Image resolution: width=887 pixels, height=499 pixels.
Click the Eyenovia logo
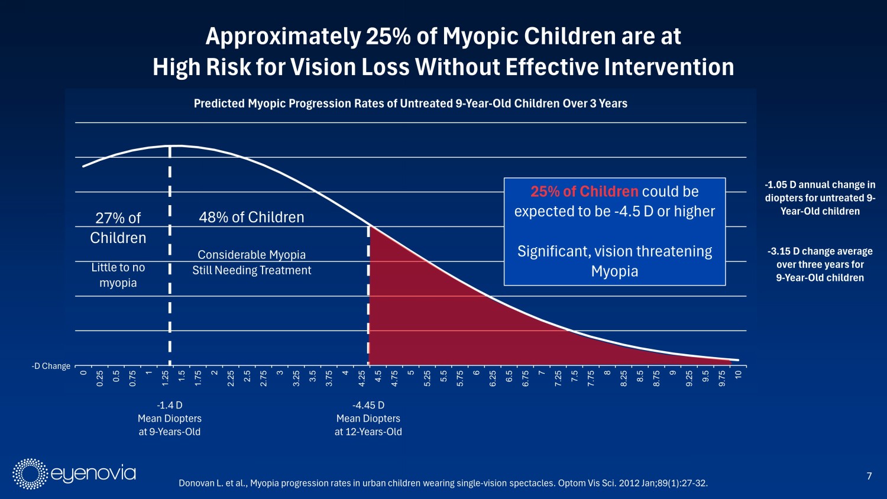click(75, 474)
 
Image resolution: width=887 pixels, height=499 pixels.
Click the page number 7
click(869, 476)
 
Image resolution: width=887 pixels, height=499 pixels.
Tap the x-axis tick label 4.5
click(378, 377)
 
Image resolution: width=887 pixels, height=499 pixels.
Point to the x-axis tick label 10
click(738, 375)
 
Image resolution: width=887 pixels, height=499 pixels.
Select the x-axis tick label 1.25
click(166, 378)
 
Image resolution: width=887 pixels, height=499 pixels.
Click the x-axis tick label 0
click(83, 372)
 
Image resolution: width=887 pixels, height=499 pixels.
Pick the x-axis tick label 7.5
click(575, 377)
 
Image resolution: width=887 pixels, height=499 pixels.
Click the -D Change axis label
click(51, 366)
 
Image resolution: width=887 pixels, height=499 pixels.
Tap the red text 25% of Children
click(584, 192)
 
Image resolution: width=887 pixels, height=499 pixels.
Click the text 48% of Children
click(251, 217)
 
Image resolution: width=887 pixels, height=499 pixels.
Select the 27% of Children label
click(118, 228)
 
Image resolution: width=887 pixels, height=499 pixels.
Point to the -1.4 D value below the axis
click(170, 405)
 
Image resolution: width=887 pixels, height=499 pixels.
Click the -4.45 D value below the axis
click(368, 405)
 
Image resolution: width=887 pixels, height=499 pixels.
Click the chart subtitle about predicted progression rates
click(410, 103)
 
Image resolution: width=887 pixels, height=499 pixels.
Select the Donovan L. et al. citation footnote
click(443, 483)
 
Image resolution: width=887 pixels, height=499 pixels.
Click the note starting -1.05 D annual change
click(820, 197)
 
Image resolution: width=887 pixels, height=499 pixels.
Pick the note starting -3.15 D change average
click(820, 264)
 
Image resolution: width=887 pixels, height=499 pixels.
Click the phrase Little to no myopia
click(118, 275)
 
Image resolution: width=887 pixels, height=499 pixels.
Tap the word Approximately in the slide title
click(283, 37)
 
